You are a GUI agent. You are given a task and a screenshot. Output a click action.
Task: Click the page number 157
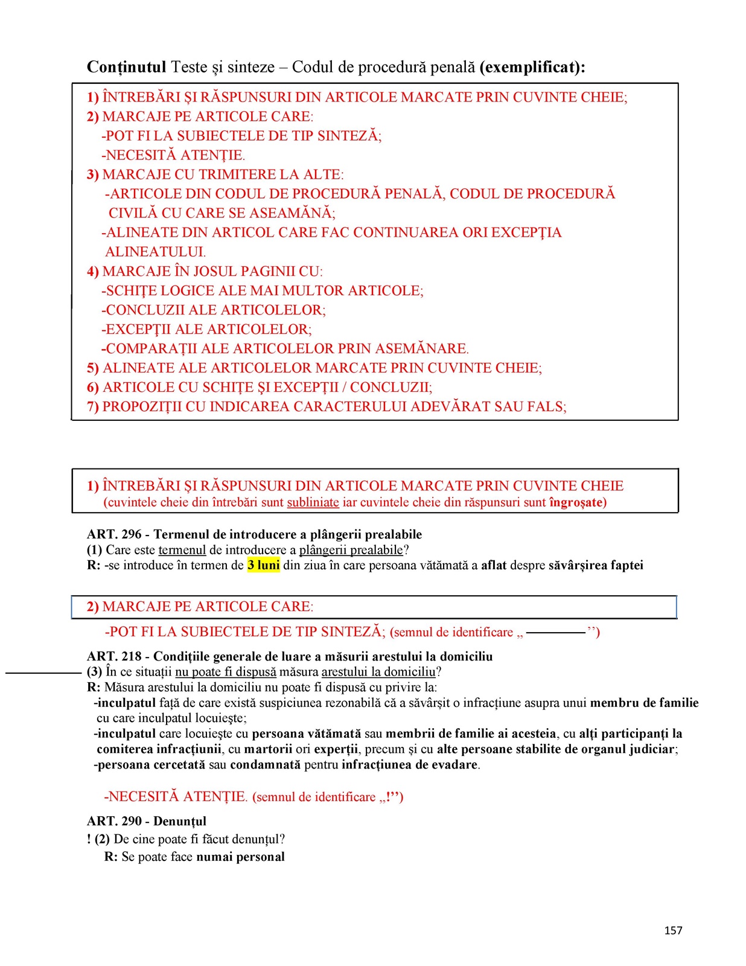tap(673, 930)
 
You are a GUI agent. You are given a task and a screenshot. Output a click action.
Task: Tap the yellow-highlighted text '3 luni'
tap(264, 566)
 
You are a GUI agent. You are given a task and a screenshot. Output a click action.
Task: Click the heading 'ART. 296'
tap(114, 534)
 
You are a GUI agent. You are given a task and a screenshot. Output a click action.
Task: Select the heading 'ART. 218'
tap(114, 656)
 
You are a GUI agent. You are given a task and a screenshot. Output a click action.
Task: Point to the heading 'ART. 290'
tap(114, 821)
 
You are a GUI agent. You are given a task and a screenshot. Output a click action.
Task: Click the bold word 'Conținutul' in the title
tap(126, 67)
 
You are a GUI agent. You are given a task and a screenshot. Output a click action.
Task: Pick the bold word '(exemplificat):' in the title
tap(532, 67)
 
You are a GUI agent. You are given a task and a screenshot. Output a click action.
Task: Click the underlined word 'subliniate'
tap(313, 502)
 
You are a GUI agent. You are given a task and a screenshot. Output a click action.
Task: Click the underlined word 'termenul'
tap(182, 550)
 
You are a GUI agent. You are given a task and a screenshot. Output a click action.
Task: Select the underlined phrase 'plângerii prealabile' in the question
tap(351, 550)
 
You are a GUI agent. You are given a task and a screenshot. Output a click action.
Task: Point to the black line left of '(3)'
tap(43, 672)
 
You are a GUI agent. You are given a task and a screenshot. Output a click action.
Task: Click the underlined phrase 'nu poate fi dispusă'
tap(226, 672)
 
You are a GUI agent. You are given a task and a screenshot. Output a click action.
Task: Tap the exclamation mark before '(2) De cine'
tap(89, 839)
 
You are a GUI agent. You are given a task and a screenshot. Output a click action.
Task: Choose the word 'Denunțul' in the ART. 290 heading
tap(180, 821)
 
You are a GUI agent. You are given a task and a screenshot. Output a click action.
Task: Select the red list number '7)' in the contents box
tap(92, 407)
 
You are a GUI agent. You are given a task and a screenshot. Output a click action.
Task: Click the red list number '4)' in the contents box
tap(92, 272)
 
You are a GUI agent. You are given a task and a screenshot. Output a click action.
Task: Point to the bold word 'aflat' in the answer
tap(494, 566)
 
